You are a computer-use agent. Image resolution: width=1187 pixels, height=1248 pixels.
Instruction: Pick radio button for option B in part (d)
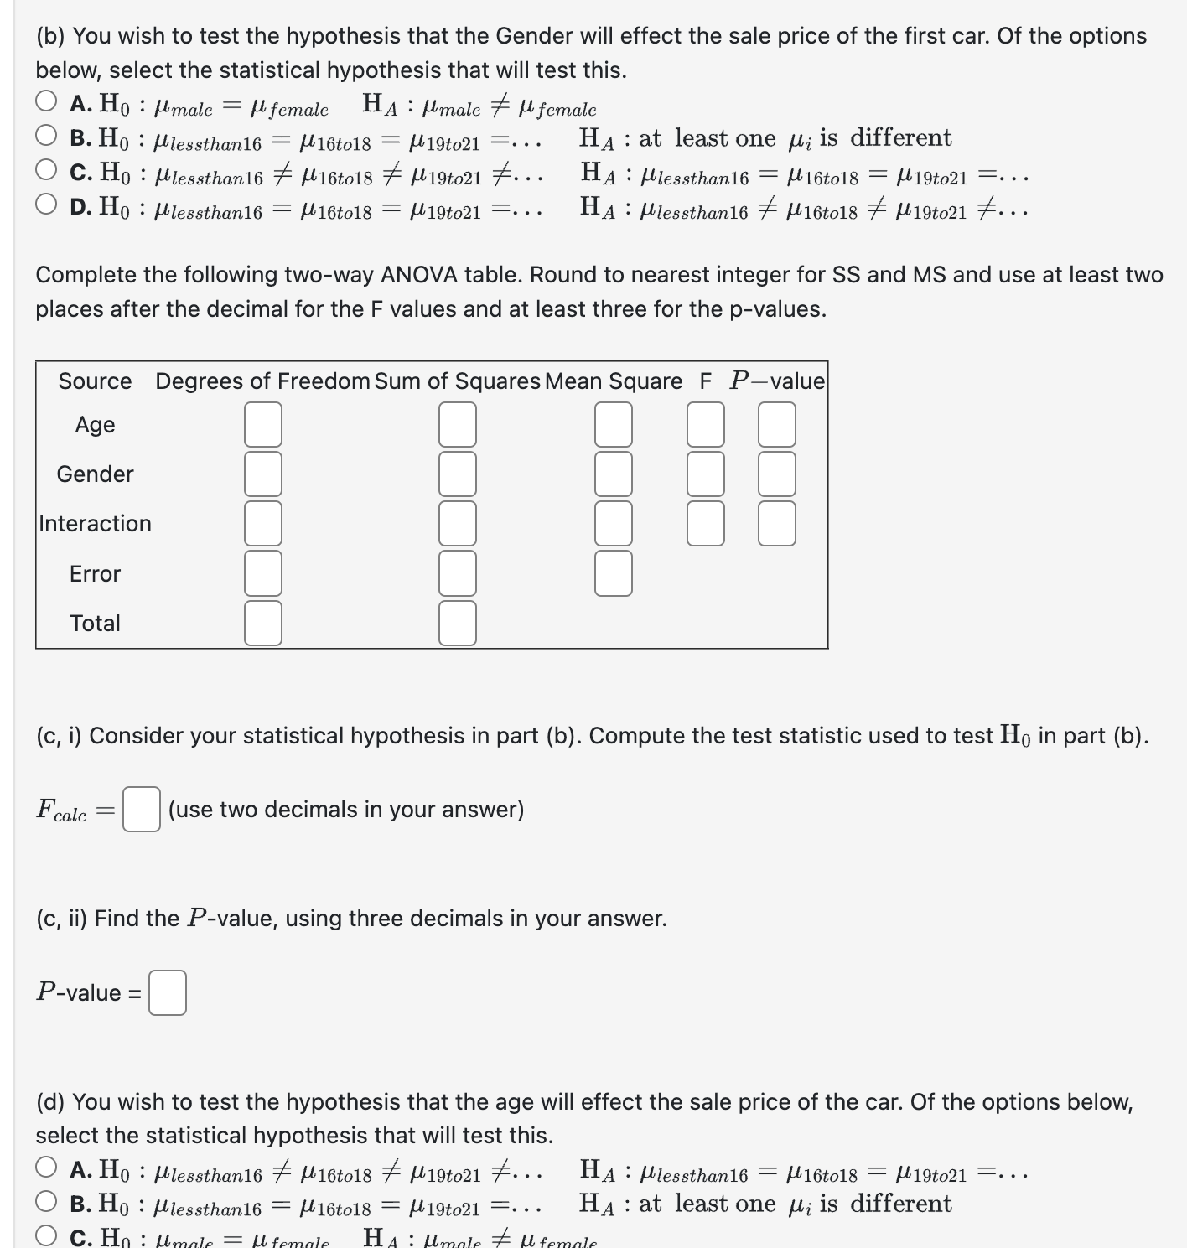(x=47, y=1202)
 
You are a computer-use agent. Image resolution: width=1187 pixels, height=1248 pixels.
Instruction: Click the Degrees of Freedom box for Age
(x=262, y=424)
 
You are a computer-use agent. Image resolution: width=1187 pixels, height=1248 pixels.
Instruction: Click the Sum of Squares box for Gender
(x=458, y=474)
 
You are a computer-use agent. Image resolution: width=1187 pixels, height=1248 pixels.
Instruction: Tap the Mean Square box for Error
(x=614, y=573)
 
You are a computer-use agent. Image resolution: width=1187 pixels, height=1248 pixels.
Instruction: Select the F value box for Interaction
(x=706, y=523)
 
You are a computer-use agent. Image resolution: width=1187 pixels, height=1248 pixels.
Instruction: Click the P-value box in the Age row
(x=777, y=424)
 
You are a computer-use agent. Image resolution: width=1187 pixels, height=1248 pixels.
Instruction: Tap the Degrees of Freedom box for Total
(x=262, y=623)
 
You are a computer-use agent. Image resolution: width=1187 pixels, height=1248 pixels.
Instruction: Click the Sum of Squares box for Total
(x=458, y=623)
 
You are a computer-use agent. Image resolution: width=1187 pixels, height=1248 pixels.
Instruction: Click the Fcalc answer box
(x=141, y=809)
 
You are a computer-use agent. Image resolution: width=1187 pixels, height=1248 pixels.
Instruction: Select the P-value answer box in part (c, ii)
(x=168, y=992)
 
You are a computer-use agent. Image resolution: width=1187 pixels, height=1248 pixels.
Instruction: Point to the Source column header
(x=95, y=381)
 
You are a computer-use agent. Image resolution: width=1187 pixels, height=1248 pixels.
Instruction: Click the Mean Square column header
(x=613, y=381)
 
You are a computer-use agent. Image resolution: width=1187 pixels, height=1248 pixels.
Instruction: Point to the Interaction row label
(x=95, y=524)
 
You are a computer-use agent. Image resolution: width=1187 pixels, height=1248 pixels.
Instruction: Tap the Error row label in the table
(x=95, y=574)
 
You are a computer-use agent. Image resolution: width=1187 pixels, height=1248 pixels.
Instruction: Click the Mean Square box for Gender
(x=614, y=474)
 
